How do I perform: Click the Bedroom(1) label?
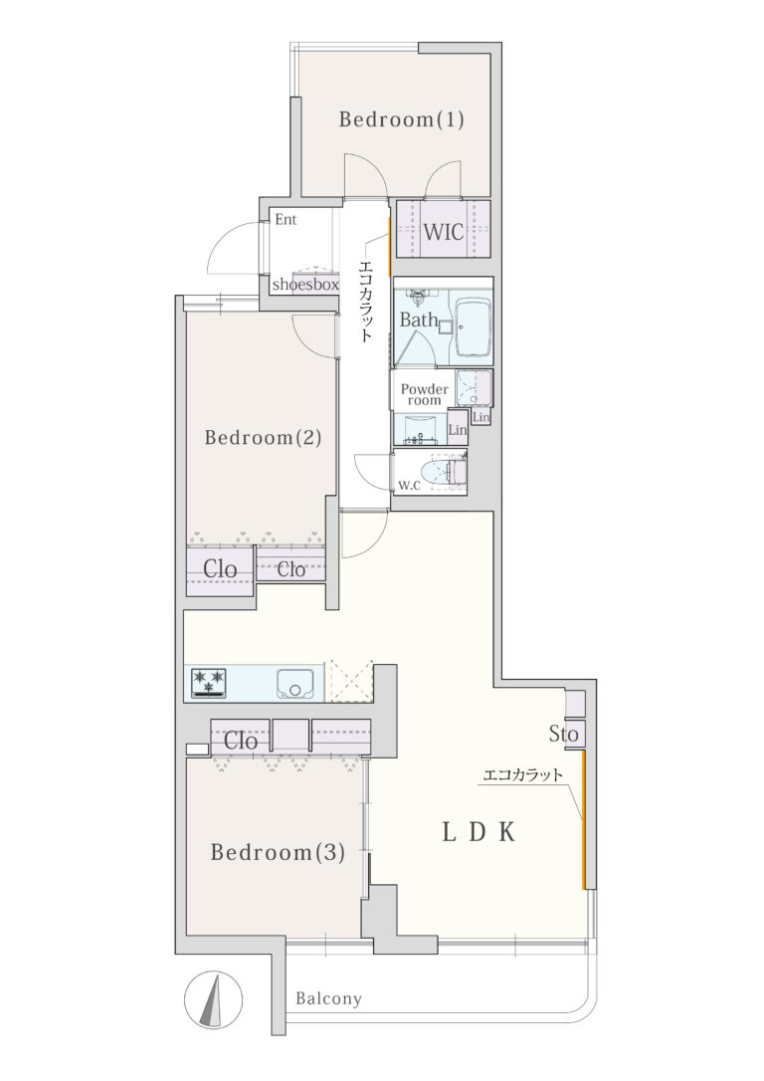pyautogui.click(x=401, y=120)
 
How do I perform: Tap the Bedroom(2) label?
pyautogui.click(x=264, y=438)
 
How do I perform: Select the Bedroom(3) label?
pyautogui.click(x=277, y=853)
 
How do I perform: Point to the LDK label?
pyautogui.click(x=478, y=833)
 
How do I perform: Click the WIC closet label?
pyautogui.click(x=443, y=232)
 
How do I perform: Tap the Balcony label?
pyautogui.click(x=328, y=998)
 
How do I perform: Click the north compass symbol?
pyautogui.click(x=214, y=998)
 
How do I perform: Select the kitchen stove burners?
pyautogui.click(x=210, y=683)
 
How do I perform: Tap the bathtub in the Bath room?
pyautogui.click(x=474, y=326)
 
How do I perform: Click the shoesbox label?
pyautogui.click(x=305, y=284)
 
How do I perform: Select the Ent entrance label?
pyautogui.click(x=286, y=220)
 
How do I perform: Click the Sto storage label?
pyautogui.click(x=563, y=735)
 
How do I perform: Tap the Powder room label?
pyautogui.click(x=425, y=394)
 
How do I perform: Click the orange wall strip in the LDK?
pyautogui.click(x=584, y=820)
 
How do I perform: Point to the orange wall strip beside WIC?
pyautogui.click(x=390, y=246)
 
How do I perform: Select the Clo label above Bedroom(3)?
pyautogui.click(x=241, y=742)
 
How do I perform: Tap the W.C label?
pyautogui.click(x=409, y=486)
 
